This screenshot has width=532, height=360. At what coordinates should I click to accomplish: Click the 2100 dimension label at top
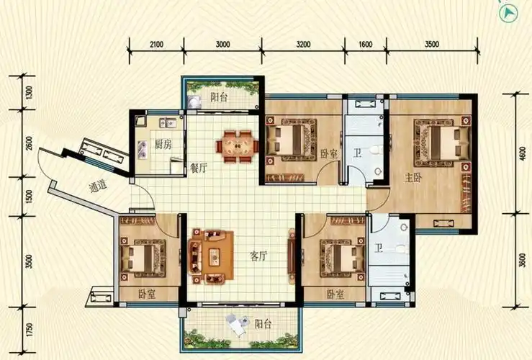click(156, 45)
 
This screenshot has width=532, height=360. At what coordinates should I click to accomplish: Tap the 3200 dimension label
click(303, 45)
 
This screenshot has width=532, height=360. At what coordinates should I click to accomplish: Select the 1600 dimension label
click(366, 45)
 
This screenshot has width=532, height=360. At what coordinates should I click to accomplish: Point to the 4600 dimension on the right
click(523, 153)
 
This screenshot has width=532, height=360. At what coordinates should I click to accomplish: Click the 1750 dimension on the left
click(30, 330)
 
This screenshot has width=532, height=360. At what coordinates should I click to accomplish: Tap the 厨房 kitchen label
click(163, 145)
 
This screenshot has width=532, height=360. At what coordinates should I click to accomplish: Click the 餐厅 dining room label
click(199, 168)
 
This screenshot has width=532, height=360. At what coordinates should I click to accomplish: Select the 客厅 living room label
click(258, 256)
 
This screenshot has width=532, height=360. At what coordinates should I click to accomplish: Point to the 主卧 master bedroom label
click(413, 177)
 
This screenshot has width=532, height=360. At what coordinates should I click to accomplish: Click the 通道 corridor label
click(98, 186)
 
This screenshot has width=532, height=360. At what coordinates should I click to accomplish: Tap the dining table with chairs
click(237, 147)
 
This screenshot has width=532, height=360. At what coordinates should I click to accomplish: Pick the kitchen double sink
click(168, 123)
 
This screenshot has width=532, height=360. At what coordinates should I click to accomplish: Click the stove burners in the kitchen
click(143, 150)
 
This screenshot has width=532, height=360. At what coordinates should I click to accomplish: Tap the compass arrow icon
click(508, 13)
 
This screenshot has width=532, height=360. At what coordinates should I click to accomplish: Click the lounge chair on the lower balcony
click(237, 325)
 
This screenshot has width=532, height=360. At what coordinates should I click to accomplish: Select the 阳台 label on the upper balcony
click(219, 97)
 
